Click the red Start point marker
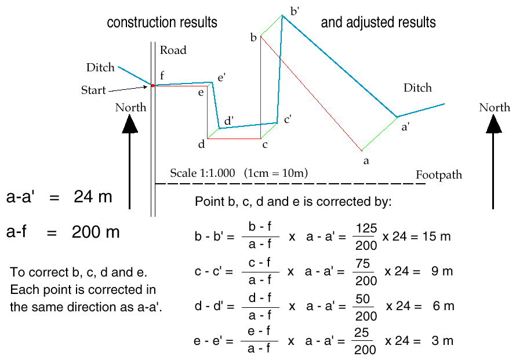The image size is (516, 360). click(x=153, y=85)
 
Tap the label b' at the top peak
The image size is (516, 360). click(x=295, y=10)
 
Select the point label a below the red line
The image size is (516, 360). click(x=365, y=161)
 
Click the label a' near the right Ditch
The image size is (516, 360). click(x=406, y=129)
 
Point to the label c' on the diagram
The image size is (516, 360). click(x=287, y=119)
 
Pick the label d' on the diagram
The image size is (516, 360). click(x=229, y=120)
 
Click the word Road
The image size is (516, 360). click(x=173, y=50)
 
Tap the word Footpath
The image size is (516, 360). click(x=439, y=174)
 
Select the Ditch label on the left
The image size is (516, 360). click(x=100, y=68)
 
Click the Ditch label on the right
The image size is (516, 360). click(x=417, y=88)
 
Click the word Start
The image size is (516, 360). click(x=93, y=90)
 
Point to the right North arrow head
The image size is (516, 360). click(x=493, y=123)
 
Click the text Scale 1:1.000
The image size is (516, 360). click(x=202, y=173)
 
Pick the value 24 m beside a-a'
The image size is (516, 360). click(x=93, y=197)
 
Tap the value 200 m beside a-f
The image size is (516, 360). click(x=96, y=232)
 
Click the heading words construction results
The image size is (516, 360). click(x=162, y=23)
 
